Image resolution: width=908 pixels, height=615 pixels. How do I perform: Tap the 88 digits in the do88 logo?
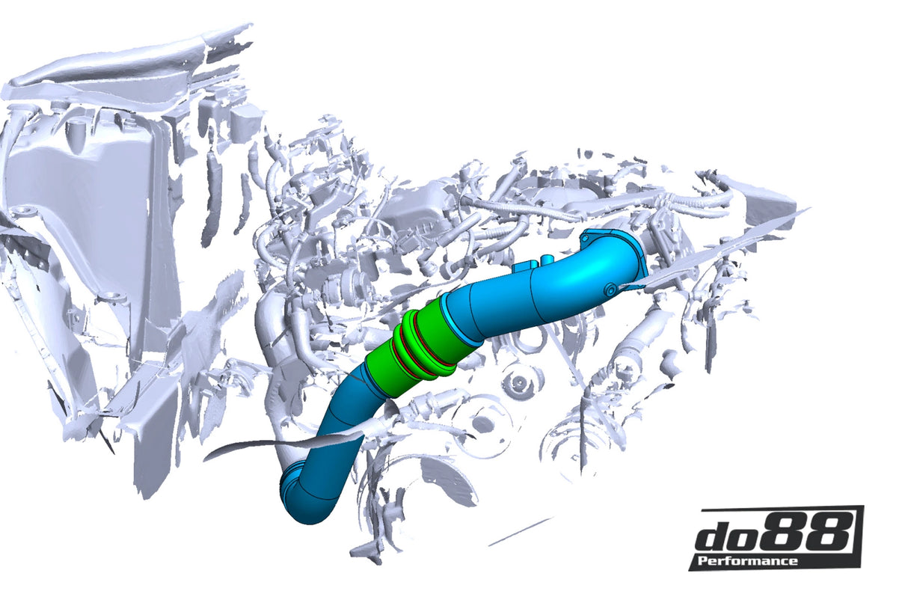point(811,533)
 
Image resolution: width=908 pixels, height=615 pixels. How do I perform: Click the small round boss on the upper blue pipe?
point(610,288)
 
